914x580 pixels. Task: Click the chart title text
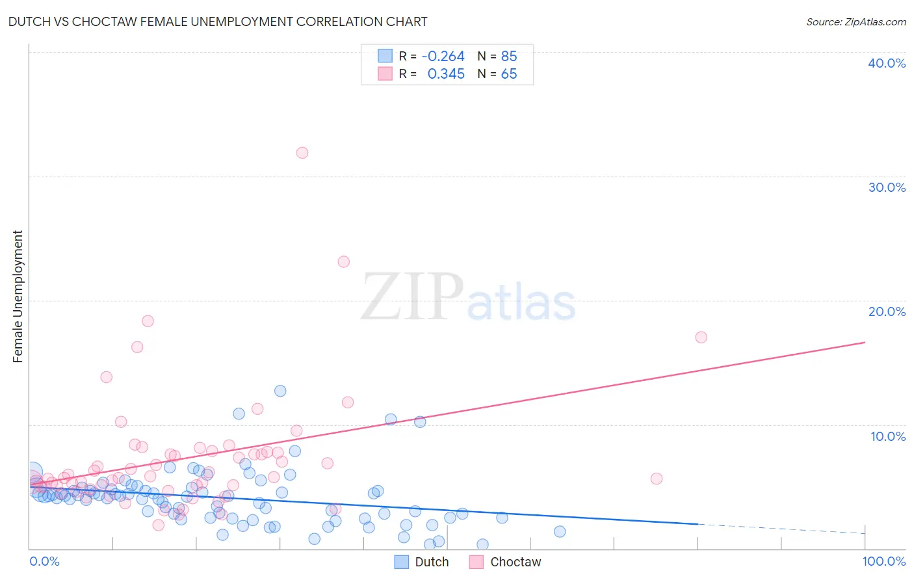tap(218, 21)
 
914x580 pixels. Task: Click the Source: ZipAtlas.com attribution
tap(855, 21)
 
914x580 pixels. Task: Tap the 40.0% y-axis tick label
tap(887, 63)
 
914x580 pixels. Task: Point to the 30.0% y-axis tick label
tap(887, 187)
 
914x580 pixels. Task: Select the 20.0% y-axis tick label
tap(887, 311)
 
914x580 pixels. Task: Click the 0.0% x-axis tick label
tap(44, 561)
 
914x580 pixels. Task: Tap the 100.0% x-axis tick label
tap(884, 561)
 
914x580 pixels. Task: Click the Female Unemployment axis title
tap(18, 297)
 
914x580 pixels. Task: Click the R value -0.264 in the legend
tap(443, 56)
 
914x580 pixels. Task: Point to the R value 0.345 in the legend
tap(446, 74)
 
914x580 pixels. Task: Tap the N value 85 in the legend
tap(509, 56)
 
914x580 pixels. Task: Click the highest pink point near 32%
tap(302, 153)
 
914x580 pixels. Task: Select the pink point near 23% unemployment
tap(344, 261)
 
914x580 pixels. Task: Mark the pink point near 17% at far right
tap(701, 337)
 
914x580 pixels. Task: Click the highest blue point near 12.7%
tap(280, 391)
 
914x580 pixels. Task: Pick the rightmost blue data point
tap(560, 531)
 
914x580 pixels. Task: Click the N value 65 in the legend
tap(509, 74)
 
